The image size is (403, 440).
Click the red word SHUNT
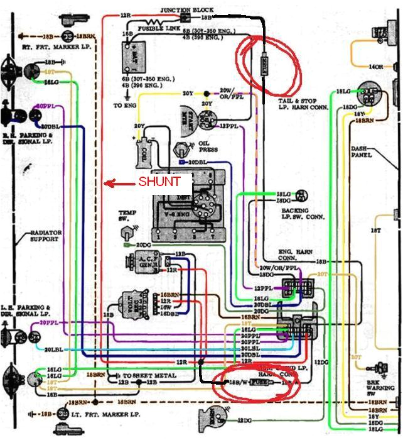point(159,182)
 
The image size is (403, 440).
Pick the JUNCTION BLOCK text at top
point(187,11)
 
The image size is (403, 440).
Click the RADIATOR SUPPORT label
point(45,236)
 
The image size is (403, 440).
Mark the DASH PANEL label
point(361,151)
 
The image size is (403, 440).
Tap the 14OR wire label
point(376,67)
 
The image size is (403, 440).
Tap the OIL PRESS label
point(208,146)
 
